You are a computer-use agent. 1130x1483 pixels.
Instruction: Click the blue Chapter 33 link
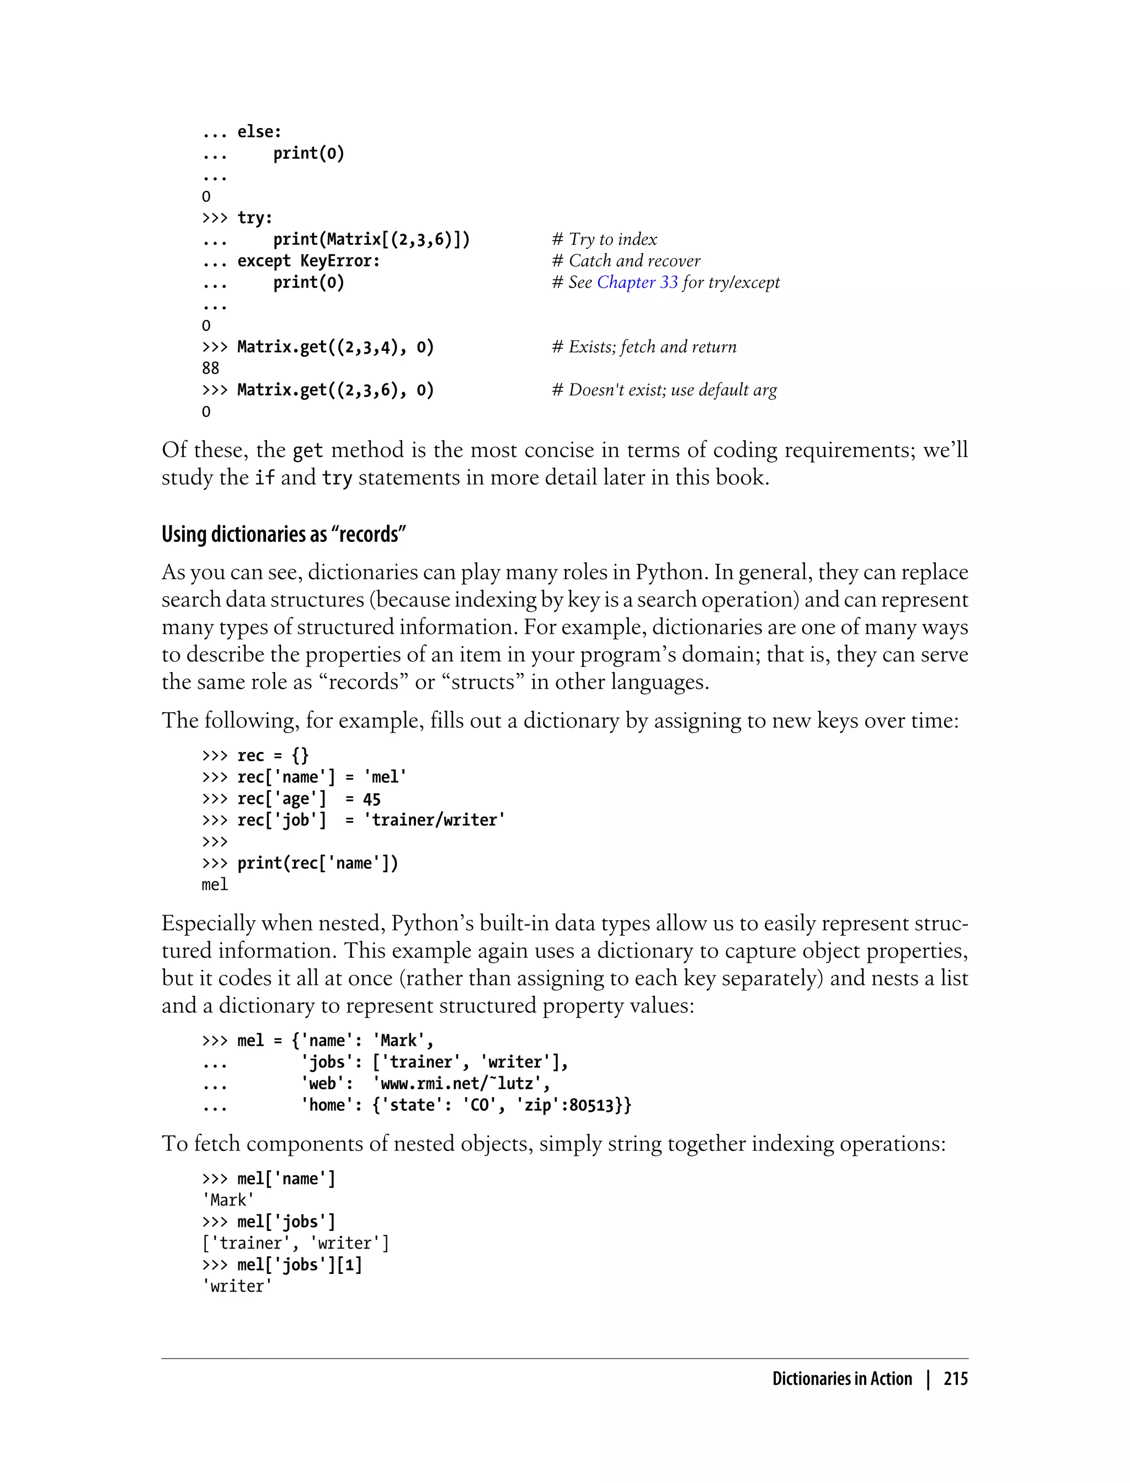(x=637, y=282)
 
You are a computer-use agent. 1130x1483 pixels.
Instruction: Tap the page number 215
(x=955, y=1379)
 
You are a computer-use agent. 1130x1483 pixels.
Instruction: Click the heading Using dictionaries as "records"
(x=283, y=534)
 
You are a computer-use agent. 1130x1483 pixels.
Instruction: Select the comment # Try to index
(x=604, y=239)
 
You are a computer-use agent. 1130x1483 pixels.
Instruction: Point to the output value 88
(x=211, y=369)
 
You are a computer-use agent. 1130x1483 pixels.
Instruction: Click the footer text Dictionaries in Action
(x=841, y=1379)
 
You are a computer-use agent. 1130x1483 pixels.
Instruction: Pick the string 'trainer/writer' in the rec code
(x=434, y=820)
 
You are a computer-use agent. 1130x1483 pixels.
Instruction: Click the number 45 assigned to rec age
(x=371, y=799)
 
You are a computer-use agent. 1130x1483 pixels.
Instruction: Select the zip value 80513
(x=590, y=1105)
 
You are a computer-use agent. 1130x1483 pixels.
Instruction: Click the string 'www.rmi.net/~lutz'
(x=461, y=1084)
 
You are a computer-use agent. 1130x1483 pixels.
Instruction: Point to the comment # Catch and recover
(x=626, y=260)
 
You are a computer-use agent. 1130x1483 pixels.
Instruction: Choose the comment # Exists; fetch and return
(x=644, y=346)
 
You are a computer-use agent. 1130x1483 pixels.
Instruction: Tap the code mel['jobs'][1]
(x=299, y=1265)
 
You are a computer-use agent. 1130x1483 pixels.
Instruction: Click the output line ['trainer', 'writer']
(x=295, y=1243)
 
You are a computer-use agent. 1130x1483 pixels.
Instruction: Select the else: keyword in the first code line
(x=259, y=132)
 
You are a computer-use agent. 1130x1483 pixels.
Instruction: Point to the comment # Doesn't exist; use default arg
(x=664, y=390)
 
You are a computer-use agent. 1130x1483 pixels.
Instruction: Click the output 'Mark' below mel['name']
(x=228, y=1200)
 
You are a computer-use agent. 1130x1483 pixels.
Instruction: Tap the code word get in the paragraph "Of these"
(x=308, y=451)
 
